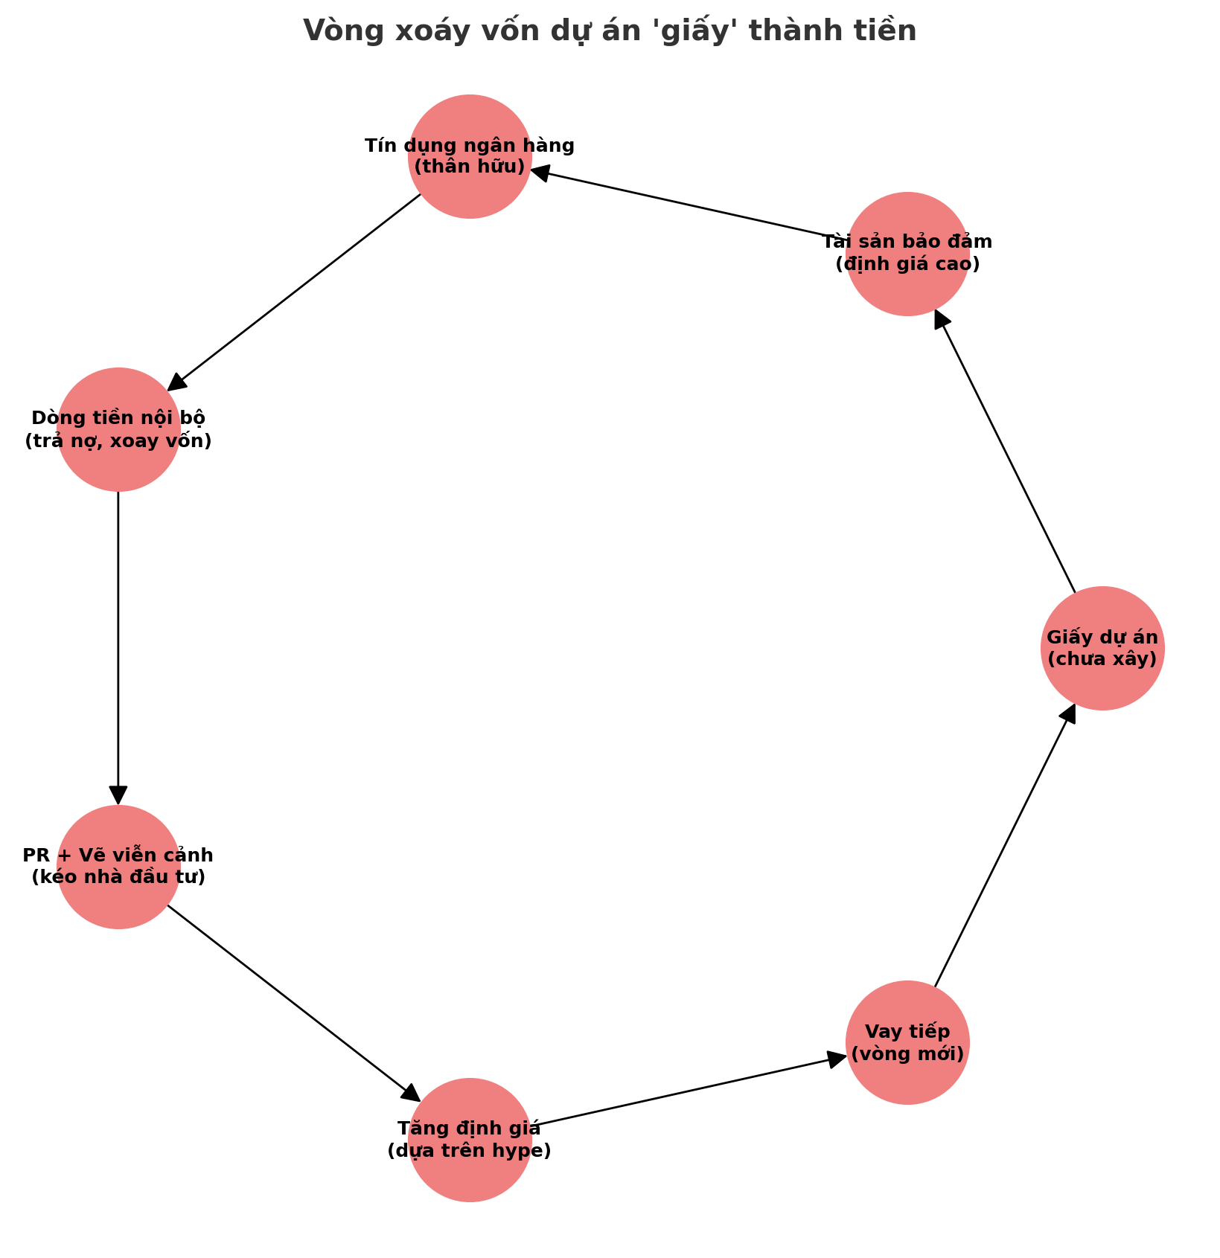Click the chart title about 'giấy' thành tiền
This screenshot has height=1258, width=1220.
[610, 31]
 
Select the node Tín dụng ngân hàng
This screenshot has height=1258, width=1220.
[470, 156]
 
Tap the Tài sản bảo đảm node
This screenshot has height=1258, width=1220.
[907, 254]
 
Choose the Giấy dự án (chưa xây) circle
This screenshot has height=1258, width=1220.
[1102, 648]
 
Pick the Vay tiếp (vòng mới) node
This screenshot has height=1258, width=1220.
[907, 1042]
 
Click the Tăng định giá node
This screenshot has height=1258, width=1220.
[470, 1140]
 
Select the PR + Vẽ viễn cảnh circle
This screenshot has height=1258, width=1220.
[118, 867]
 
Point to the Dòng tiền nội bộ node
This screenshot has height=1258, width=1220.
[118, 429]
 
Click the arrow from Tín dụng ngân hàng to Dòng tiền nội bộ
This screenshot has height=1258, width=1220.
[294, 292]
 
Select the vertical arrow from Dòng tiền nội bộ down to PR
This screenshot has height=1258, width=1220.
[118, 648]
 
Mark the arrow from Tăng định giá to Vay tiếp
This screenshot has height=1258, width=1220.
[689, 1091]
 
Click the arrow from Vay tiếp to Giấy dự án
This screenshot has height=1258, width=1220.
[1005, 845]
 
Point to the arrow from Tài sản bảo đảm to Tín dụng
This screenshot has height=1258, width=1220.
[689, 205]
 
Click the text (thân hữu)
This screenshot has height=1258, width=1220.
[470, 167]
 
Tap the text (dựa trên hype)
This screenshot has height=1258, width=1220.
[470, 1151]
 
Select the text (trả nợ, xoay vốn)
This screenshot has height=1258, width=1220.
[118, 441]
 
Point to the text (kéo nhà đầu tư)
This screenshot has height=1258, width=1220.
[118, 877]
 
